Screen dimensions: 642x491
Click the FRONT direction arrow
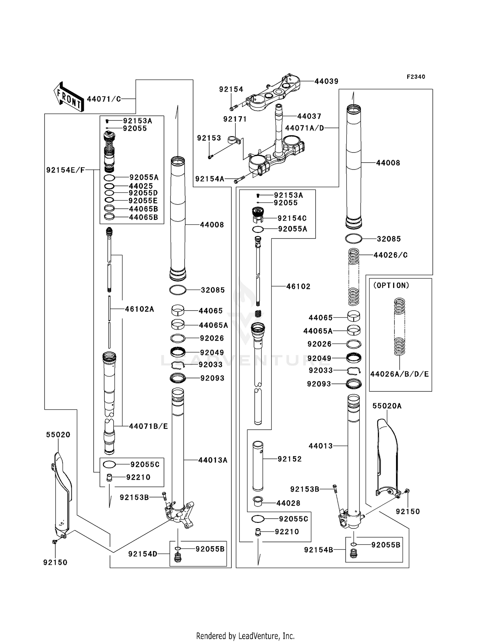pos(68,97)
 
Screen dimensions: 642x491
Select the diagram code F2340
pos(416,77)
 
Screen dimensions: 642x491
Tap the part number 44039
pos(326,81)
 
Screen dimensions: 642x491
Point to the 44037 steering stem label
pos(309,116)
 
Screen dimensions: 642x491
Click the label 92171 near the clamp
pos(235,119)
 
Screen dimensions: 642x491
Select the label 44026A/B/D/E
pos(399,374)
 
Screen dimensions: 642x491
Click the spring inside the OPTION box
pos(399,327)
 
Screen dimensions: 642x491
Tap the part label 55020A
pos(387,406)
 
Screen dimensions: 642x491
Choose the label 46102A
pos(139,309)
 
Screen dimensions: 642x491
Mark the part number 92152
pos(289,459)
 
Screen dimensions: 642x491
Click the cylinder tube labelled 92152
pos(258,466)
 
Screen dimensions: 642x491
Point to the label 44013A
pos(213,460)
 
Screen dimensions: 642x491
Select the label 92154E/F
pos(65,170)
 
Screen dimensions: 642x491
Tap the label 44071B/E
pos(148,426)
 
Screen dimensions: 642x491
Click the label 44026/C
pos(390,255)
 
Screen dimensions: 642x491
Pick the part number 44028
pos(288,503)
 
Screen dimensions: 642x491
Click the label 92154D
pos(143,554)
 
